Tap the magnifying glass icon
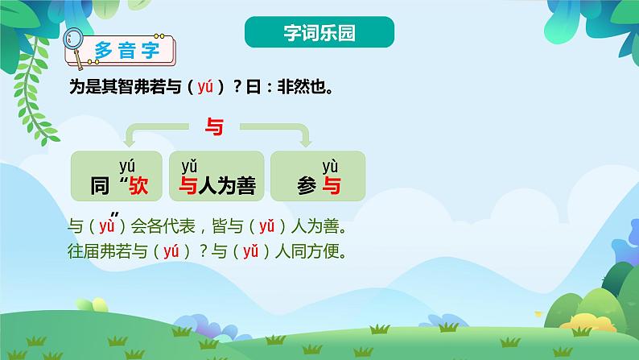click(73, 41)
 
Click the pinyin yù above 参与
click(330, 167)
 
